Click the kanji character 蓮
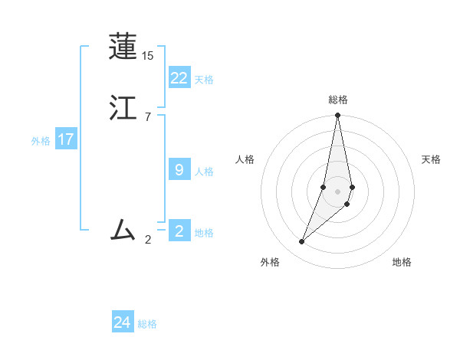(123, 47)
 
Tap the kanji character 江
(123, 107)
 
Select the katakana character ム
(123, 229)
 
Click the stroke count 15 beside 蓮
(148, 56)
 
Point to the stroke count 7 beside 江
(147, 116)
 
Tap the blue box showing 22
(179, 77)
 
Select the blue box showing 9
(179, 169)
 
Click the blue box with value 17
(66, 139)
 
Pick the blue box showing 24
(123, 322)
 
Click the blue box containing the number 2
(179, 231)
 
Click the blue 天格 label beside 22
(204, 79)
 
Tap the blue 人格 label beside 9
(204, 171)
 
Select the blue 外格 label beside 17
(41, 141)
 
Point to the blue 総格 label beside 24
(147, 324)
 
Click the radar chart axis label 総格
(338, 100)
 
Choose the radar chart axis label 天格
(431, 159)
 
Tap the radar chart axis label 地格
(402, 262)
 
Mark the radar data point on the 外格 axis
(302, 242)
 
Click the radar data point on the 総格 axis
(338, 116)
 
